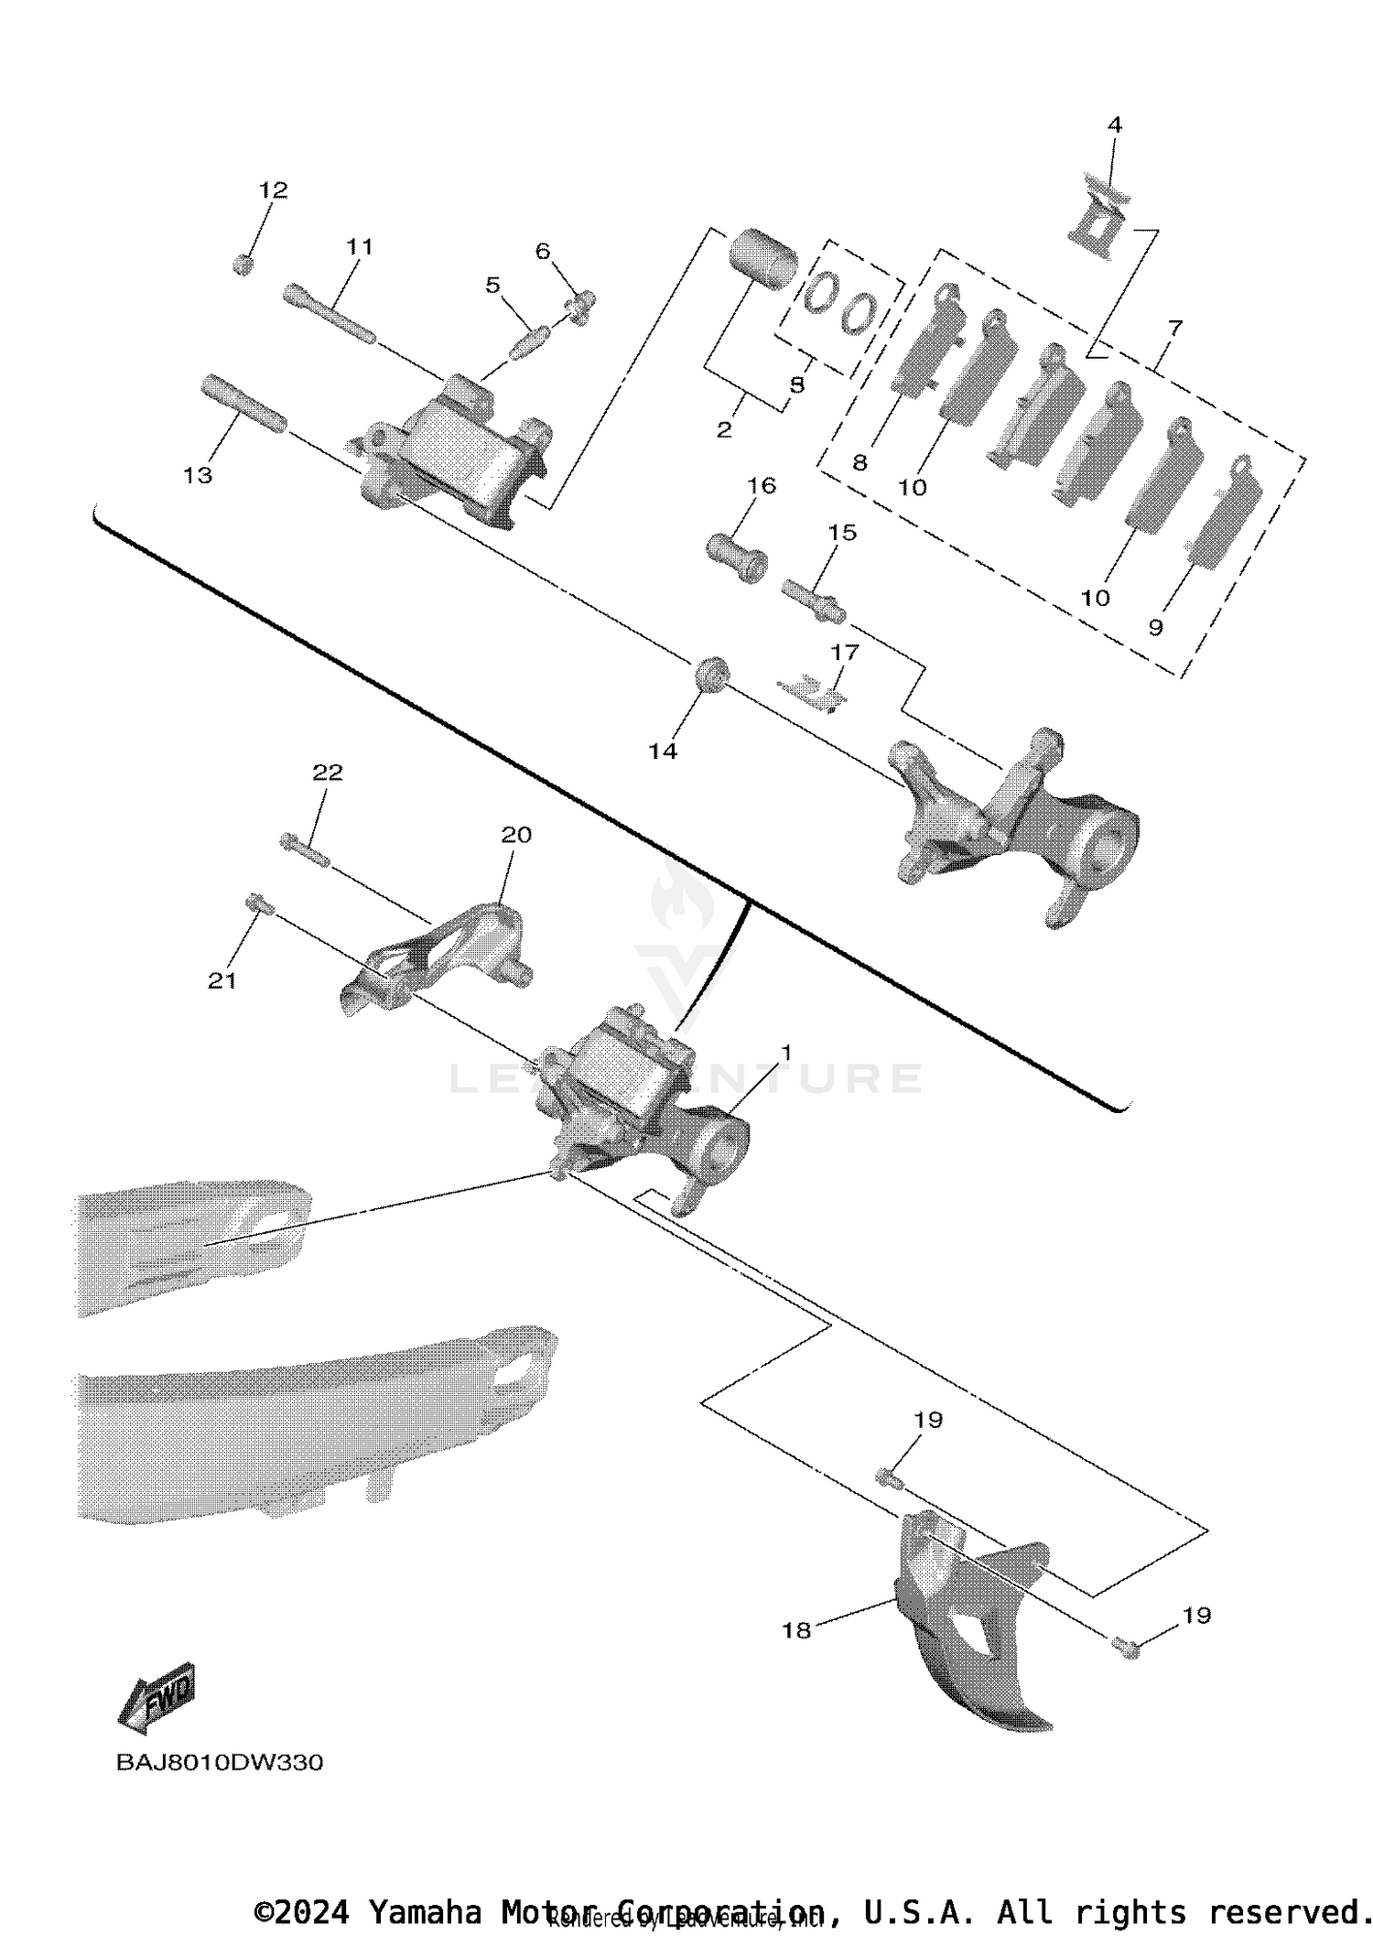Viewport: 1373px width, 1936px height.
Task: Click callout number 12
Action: (x=273, y=190)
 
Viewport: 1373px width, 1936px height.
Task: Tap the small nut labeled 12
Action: (x=243, y=265)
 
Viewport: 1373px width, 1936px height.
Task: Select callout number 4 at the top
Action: (x=1114, y=125)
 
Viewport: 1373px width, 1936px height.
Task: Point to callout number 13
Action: (x=198, y=475)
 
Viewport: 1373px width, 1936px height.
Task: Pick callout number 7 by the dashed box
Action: (x=1175, y=328)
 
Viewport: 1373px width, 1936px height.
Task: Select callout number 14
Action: (x=663, y=751)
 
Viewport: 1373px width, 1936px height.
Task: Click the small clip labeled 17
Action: (x=813, y=692)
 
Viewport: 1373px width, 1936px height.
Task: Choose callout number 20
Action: (x=516, y=835)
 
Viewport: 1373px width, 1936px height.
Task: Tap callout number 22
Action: (x=328, y=773)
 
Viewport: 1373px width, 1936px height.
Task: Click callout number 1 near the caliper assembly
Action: (x=784, y=1053)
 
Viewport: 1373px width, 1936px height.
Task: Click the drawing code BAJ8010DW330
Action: (x=220, y=1762)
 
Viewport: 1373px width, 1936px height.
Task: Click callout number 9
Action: (x=1155, y=628)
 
